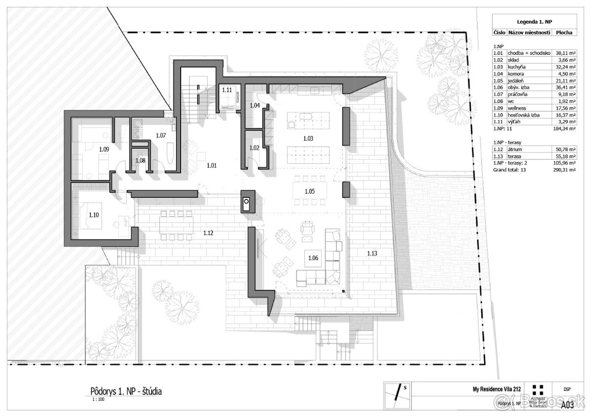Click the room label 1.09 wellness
103,148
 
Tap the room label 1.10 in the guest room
94,214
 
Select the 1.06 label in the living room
314,257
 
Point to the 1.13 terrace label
372,253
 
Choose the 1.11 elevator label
227,90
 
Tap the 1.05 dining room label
309,190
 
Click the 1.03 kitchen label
308,139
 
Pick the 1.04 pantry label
255,105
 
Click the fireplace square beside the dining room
246,202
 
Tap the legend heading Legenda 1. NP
534,22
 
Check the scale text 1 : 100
98,399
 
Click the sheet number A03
568,404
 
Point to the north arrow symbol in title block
398,394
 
